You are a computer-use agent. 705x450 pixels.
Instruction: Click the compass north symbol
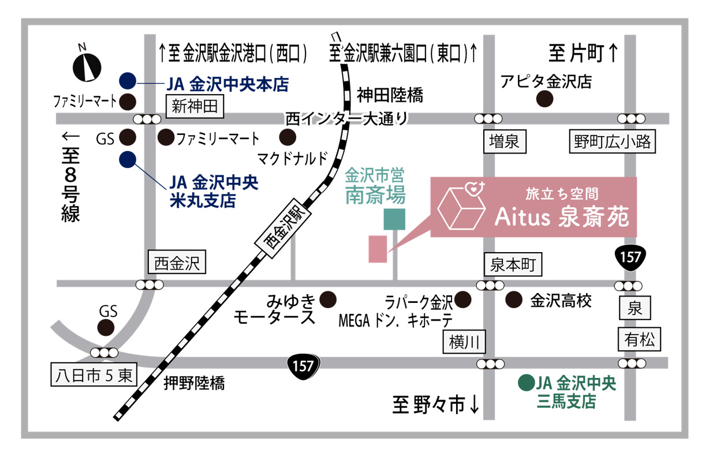[x=87, y=65]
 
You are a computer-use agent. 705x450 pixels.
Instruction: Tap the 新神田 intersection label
[x=194, y=106]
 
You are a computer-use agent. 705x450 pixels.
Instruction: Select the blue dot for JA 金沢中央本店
[x=128, y=81]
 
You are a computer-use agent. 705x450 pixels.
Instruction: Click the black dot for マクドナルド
[x=287, y=137]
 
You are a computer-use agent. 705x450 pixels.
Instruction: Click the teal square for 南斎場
[x=394, y=219]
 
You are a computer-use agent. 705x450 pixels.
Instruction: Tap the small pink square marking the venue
[x=378, y=249]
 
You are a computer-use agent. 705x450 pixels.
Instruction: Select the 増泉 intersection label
[x=505, y=142]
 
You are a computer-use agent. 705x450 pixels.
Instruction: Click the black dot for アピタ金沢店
[x=544, y=99]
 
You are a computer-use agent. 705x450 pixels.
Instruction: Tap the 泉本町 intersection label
[x=513, y=265]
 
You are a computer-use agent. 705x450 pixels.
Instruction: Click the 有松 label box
[x=639, y=340]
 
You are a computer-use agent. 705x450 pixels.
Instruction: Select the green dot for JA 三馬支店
[x=525, y=383]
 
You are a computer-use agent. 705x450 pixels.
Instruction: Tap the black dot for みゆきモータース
[x=329, y=299]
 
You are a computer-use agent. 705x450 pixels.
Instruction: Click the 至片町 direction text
[x=583, y=55]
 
